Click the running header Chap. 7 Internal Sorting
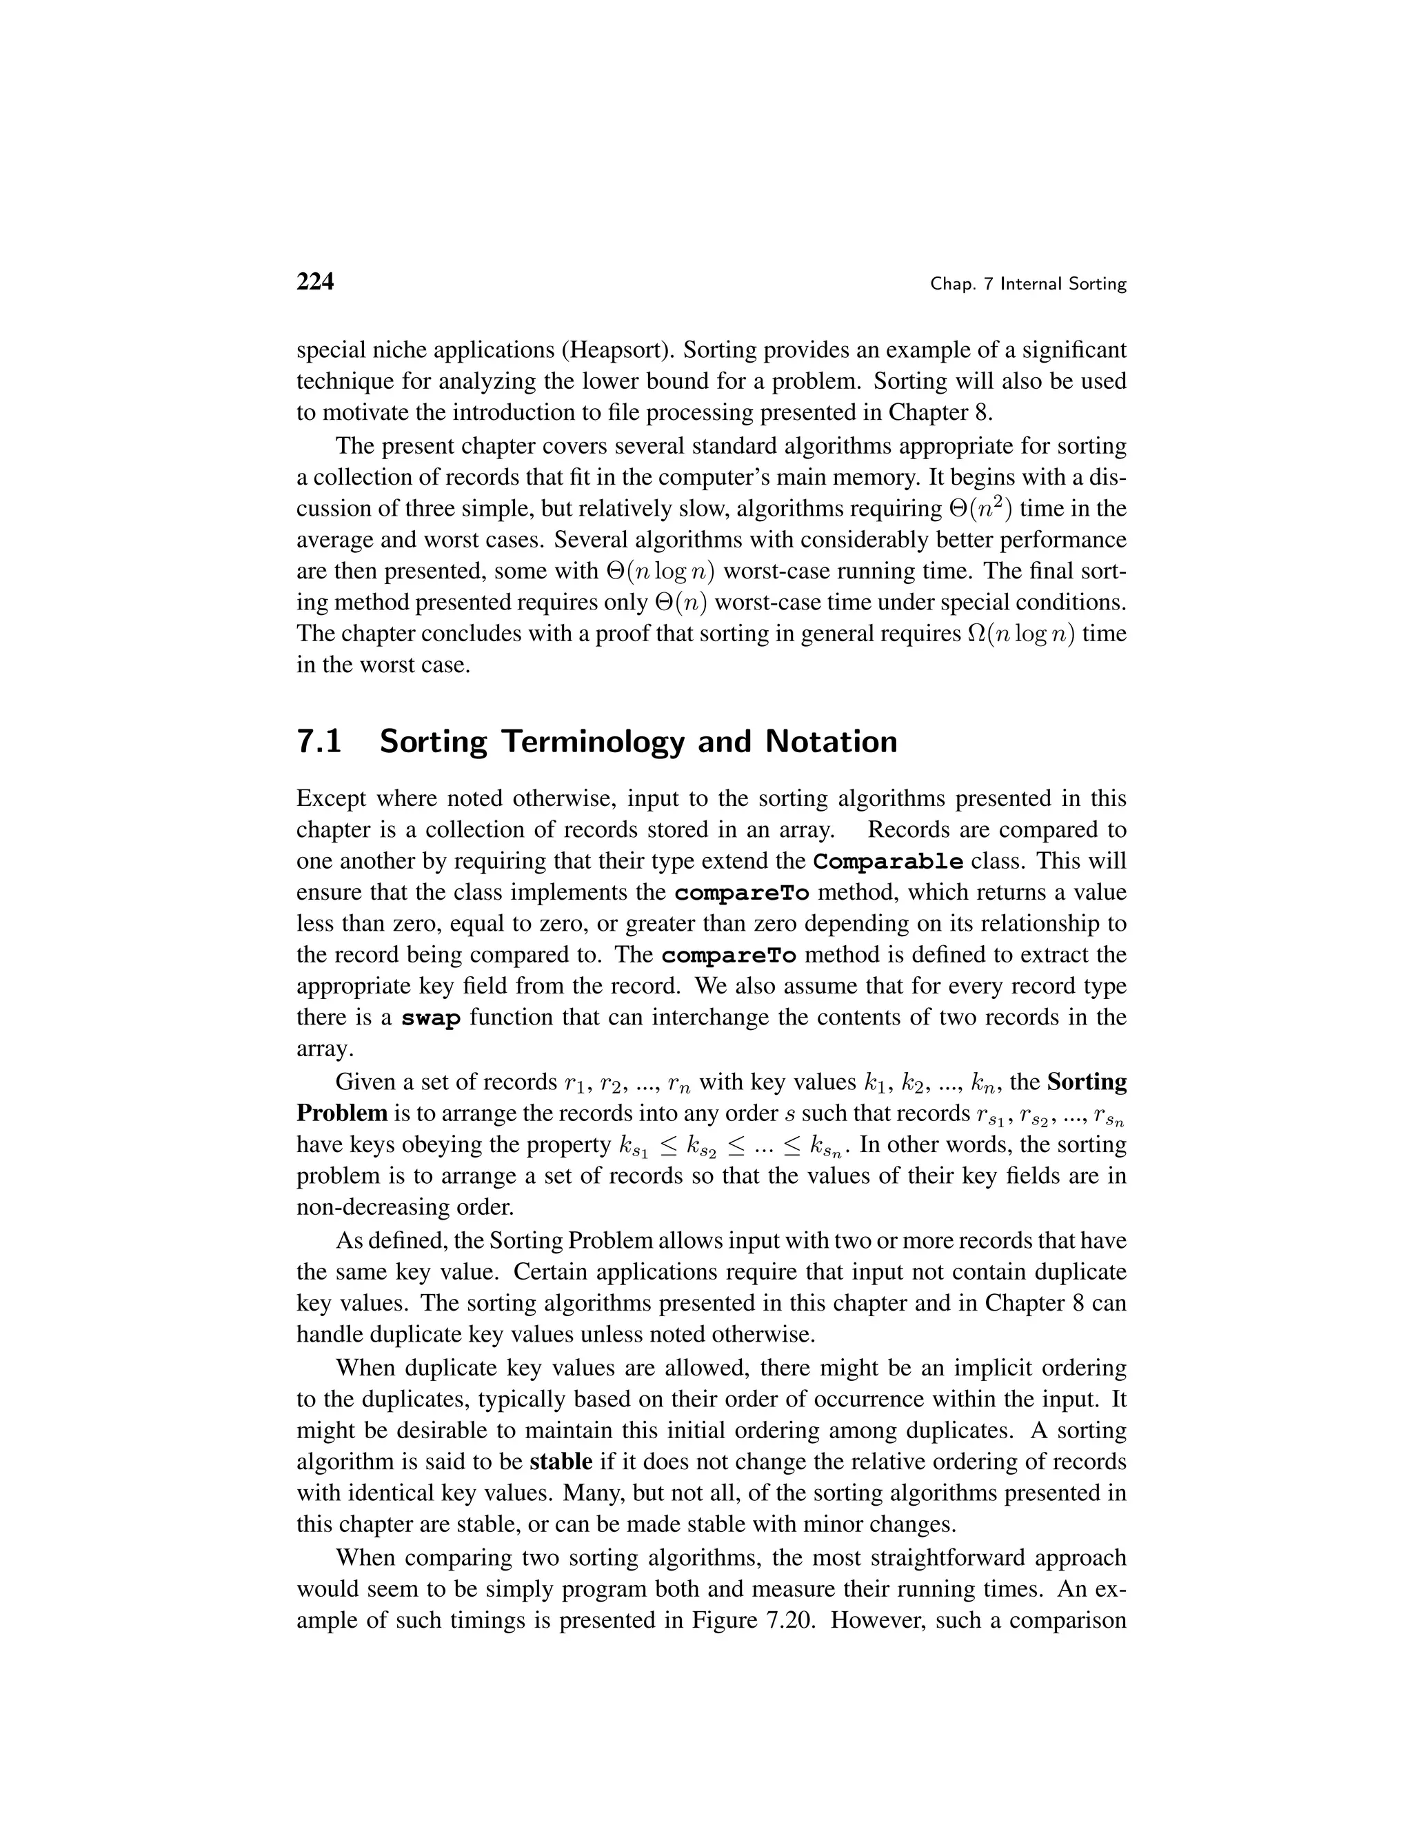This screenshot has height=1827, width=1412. click(x=1028, y=285)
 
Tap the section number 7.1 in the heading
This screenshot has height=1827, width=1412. click(x=319, y=742)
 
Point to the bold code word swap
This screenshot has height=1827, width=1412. click(x=431, y=1018)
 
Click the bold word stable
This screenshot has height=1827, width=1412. click(x=561, y=1462)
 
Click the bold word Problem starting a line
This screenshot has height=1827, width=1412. click(x=342, y=1113)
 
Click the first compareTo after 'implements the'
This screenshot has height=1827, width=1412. click(x=741, y=894)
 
